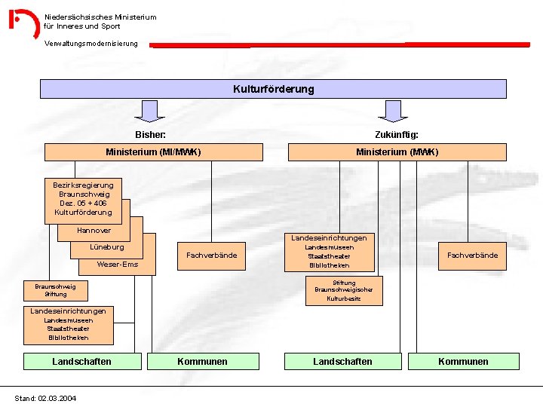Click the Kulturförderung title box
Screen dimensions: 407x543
click(273, 89)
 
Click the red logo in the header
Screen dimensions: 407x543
click(23, 23)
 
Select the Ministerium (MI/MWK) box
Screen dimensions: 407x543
click(153, 152)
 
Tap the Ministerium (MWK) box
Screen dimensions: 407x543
click(397, 152)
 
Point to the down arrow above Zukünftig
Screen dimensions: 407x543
click(392, 112)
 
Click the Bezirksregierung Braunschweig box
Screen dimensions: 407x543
click(83, 198)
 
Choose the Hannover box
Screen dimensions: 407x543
click(94, 231)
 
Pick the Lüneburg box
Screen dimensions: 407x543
click(107, 247)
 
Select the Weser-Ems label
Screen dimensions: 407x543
click(117, 265)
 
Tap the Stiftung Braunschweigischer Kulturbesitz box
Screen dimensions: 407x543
click(344, 290)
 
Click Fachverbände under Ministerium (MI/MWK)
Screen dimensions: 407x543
click(211, 256)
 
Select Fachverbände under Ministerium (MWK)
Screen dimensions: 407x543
click(472, 256)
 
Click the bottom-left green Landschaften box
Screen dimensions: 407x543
click(81, 362)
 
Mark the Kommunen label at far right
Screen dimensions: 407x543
click(463, 362)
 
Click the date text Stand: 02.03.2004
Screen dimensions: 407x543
click(45, 398)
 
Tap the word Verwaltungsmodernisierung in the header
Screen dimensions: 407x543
click(91, 44)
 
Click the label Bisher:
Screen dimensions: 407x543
click(150, 135)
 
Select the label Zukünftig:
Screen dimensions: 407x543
click(397, 135)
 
